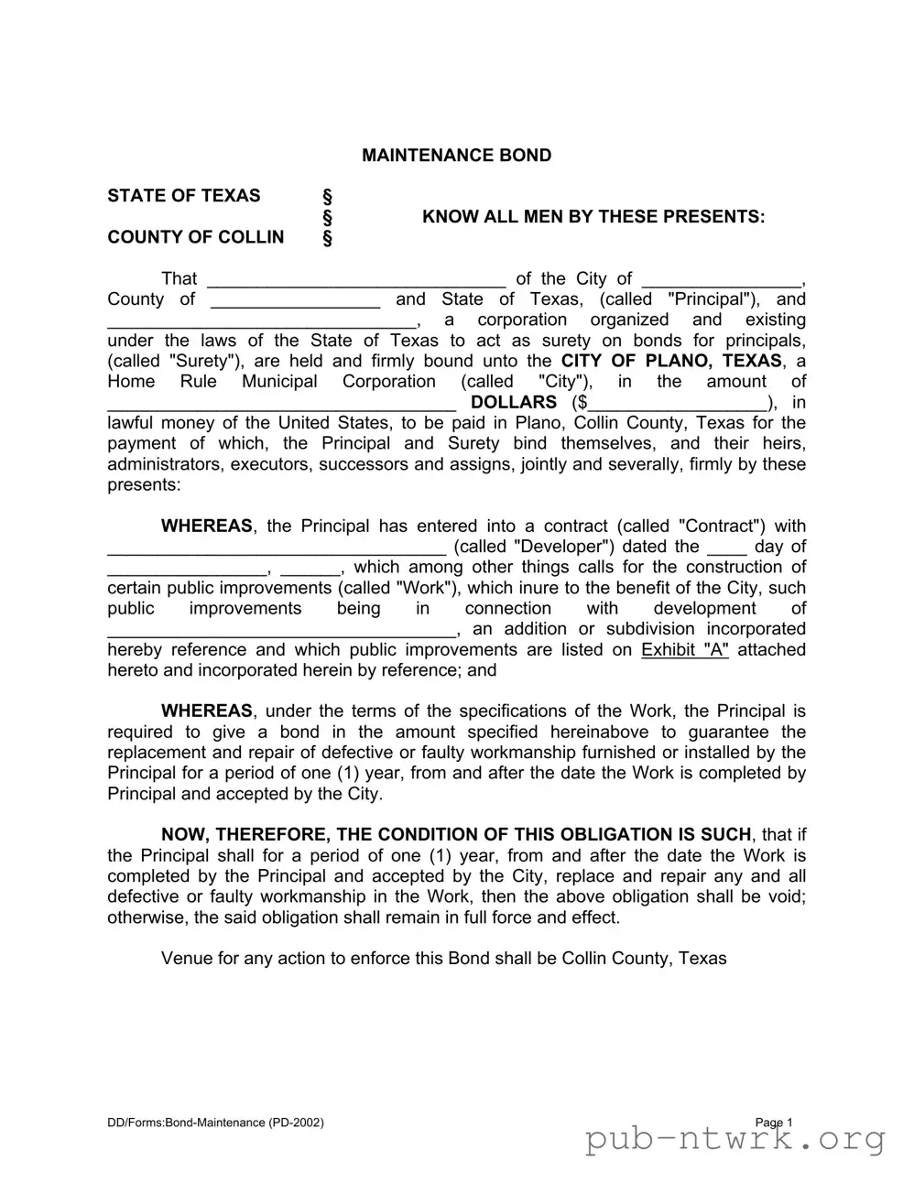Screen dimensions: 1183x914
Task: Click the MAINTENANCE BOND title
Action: (x=456, y=156)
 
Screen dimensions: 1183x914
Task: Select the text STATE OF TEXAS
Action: (x=183, y=196)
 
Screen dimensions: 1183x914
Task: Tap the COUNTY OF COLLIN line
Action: (x=195, y=237)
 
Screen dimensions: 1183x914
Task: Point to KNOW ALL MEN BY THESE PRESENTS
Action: (x=593, y=217)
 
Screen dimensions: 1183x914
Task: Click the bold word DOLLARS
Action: (x=513, y=403)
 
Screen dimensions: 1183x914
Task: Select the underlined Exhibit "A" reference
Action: (x=684, y=650)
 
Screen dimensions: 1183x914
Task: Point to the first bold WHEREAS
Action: (x=206, y=526)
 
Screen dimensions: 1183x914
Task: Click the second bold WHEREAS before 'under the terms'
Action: (x=206, y=711)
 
